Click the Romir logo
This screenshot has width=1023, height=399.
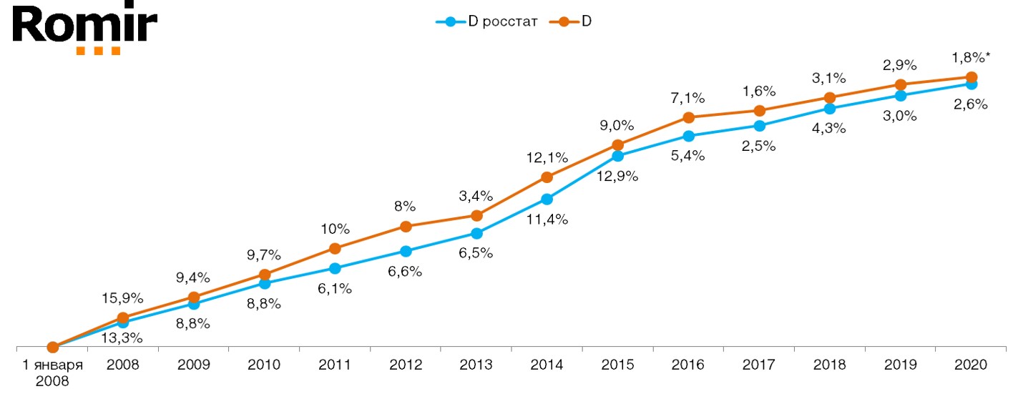pos(85,29)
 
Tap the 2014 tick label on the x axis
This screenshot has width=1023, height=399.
pos(547,365)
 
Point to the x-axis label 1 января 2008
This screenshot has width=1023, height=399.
pos(52,372)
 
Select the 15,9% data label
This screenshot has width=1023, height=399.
pos(124,297)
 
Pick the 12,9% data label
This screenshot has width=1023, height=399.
pos(618,175)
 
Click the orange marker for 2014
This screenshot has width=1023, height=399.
pos(547,177)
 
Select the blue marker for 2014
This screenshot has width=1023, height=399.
pos(547,199)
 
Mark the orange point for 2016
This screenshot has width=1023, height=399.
pos(689,117)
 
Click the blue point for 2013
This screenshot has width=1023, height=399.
pos(476,233)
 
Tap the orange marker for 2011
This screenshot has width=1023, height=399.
pos(335,248)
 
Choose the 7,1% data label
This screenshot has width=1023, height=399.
pos(688,97)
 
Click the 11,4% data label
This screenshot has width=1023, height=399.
pos(547,220)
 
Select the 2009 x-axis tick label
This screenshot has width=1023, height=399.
pos(194,365)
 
